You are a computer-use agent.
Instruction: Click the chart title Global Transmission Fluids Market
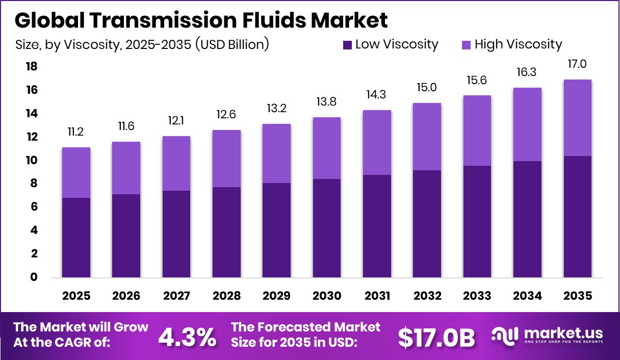pos(201,20)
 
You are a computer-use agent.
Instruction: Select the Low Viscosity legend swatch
pos(348,45)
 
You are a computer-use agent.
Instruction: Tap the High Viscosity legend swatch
pos(467,45)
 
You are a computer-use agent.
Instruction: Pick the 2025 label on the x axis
pos(76,296)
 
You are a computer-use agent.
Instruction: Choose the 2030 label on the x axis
pos(327,296)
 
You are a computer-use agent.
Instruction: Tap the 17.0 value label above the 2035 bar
pos(578,64)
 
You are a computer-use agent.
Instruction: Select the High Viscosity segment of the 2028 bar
pos(227,159)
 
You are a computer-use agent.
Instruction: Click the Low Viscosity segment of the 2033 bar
pos(477,222)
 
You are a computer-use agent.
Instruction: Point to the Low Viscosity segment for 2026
pos(126,236)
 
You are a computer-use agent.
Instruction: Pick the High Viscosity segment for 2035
pos(578,118)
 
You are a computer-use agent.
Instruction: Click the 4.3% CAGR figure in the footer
pos(187,337)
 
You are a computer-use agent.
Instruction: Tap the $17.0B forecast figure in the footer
pos(436,337)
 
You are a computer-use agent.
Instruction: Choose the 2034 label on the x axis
pos(527,296)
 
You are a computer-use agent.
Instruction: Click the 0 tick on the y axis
pos(34,277)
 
